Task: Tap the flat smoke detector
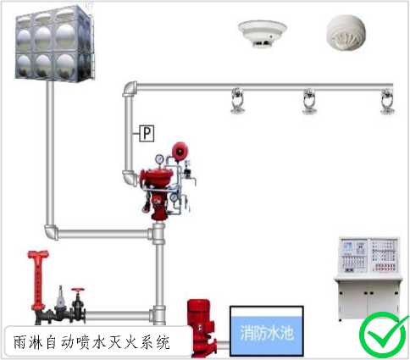point(263,33)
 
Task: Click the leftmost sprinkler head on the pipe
point(237,101)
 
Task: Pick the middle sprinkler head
point(310,102)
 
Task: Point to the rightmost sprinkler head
point(387,102)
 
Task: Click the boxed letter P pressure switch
point(147,133)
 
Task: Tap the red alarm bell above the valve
point(180,151)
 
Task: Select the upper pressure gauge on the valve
point(159,159)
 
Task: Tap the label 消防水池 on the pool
point(267,333)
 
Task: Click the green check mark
point(384,335)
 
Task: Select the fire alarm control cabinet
point(368,279)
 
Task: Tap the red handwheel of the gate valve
point(78,291)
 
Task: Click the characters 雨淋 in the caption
point(28,342)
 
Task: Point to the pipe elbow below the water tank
point(51,232)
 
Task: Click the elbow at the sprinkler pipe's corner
point(130,88)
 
